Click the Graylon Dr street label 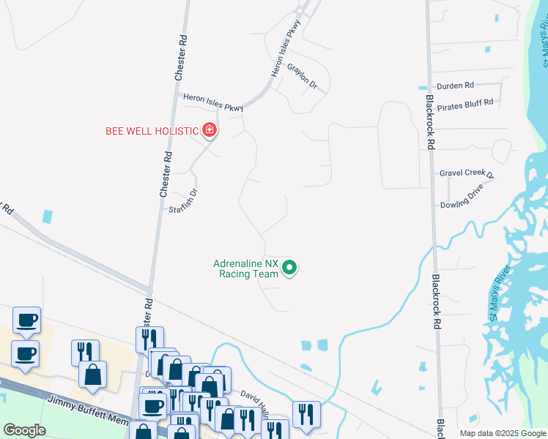(x=302, y=77)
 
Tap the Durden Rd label (x=456, y=86)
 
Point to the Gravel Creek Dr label (x=467, y=173)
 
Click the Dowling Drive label (x=462, y=206)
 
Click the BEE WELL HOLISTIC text (x=152, y=131)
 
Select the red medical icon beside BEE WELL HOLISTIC (x=210, y=131)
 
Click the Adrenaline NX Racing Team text (x=245, y=269)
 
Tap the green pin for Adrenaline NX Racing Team (x=289, y=269)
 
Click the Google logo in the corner (x=24, y=430)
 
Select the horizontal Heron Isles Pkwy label (x=213, y=102)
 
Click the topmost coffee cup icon (x=27, y=320)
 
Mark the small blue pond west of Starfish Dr (x=48, y=216)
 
